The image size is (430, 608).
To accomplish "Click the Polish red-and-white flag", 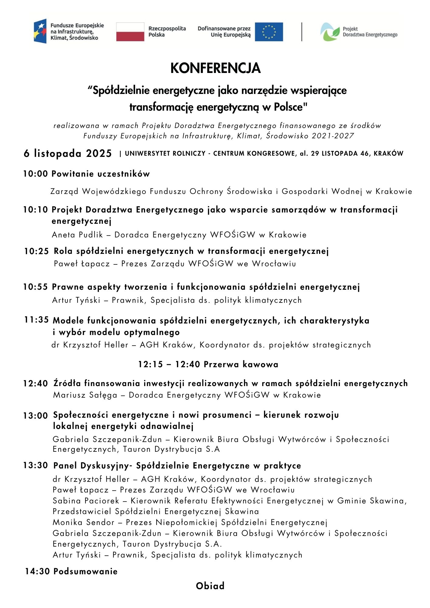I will [130, 32].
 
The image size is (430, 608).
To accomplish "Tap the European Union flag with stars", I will [269, 32].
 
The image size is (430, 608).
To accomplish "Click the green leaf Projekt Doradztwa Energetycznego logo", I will [330, 32].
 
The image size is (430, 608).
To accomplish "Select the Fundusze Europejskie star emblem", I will [40, 31].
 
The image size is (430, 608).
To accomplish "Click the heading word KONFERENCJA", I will [215, 68].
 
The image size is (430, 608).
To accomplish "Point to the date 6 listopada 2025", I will [68, 153].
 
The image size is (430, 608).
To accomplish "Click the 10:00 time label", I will [36, 174].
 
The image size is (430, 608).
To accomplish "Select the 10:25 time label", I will [36, 251].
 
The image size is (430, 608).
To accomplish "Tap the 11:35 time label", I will [36, 320].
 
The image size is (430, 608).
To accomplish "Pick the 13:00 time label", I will [36, 416].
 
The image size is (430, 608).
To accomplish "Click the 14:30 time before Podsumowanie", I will [37, 571].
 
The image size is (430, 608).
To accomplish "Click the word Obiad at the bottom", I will [210, 586].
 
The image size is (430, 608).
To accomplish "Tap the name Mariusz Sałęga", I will [85, 395].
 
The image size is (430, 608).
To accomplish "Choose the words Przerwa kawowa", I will [241, 364].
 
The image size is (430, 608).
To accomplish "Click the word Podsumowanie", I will [85, 571].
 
